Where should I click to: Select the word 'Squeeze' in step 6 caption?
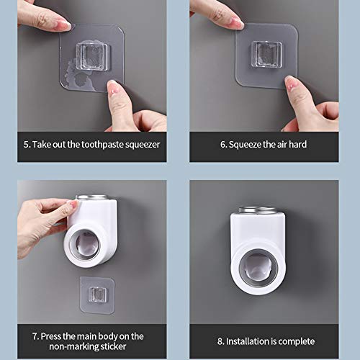point(248,144)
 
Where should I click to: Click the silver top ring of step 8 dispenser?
point(260,210)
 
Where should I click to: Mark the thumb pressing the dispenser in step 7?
point(66,210)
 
